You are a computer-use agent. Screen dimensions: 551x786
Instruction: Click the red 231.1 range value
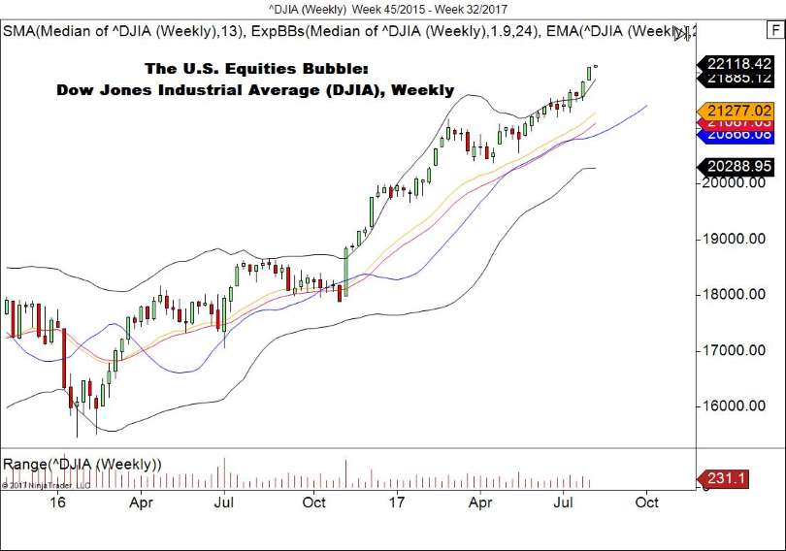[727, 478]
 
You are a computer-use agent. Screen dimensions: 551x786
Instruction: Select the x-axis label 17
[396, 503]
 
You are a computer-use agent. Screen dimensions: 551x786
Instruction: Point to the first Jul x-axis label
[224, 503]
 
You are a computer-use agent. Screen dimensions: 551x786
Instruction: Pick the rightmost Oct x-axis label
[646, 503]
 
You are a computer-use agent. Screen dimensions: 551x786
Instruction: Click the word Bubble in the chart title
[336, 70]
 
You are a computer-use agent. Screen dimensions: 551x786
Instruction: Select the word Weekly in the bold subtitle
[423, 90]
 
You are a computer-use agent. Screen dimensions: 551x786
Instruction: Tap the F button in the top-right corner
[773, 30]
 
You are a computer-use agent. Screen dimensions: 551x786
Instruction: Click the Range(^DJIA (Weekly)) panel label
[82, 463]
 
